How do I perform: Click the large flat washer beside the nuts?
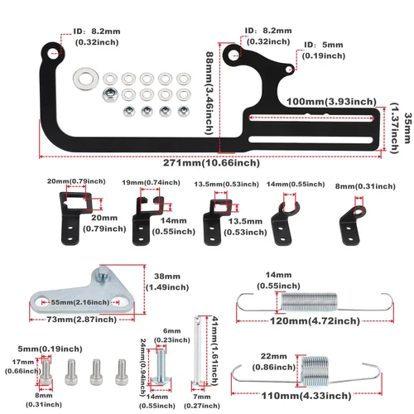point(84,80)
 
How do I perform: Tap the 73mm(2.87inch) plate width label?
point(80,318)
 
